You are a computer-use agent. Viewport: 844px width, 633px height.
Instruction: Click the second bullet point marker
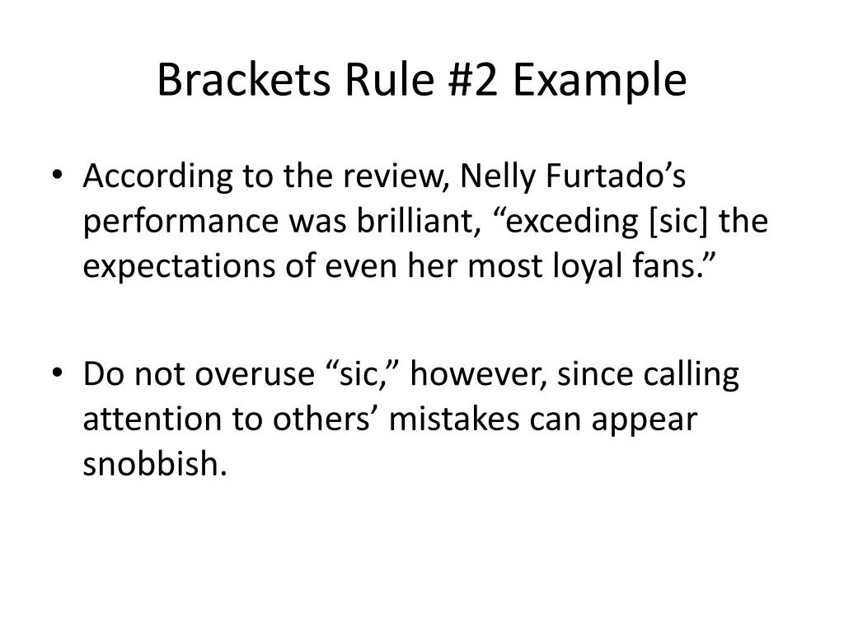click(x=67, y=376)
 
